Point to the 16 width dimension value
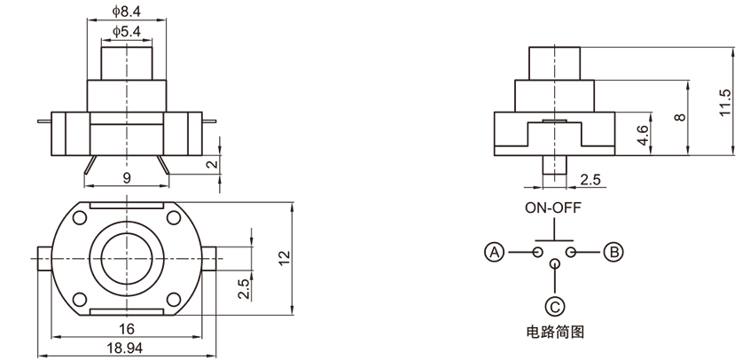click(x=127, y=328)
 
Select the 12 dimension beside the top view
click(x=284, y=258)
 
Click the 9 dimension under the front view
click(x=127, y=177)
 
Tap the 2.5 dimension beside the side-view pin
click(x=590, y=180)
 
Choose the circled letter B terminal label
click(x=613, y=253)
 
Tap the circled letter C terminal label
click(x=553, y=308)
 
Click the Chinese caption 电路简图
click(x=553, y=333)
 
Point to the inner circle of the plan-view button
click(x=127, y=257)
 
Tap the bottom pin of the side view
click(x=553, y=167)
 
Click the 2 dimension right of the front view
click(x=212, y=164)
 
